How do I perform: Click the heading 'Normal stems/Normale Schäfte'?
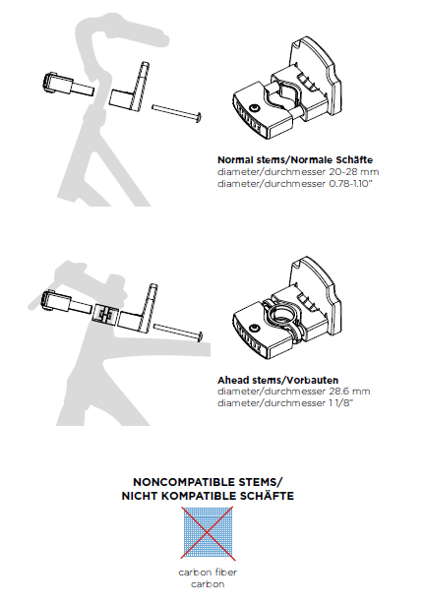(x=295, y=159)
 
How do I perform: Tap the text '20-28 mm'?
(x=354, y=172)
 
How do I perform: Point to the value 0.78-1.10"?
(x=350, y=184)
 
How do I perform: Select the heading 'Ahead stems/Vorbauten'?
(x=277, y=380)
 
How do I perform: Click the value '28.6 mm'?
(x=349, y=392)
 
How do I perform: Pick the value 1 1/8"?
(x=340, y=402)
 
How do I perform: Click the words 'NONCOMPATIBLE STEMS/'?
(x=208, y=482)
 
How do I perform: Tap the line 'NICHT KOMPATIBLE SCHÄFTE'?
(x=208, y=496)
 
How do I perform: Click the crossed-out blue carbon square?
(x=208, y=533)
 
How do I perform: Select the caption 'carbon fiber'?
(x=208, y=573)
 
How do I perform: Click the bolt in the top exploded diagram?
(x=177, y=112)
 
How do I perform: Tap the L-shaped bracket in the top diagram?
(x=131, y=90)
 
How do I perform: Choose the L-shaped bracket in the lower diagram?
(x=138, y=309)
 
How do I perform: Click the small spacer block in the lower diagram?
(x=104, y=312)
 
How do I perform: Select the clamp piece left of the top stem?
(x=67, y=85)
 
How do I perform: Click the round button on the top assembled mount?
(x=254, y=107)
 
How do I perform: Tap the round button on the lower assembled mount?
(x=254, y=328)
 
